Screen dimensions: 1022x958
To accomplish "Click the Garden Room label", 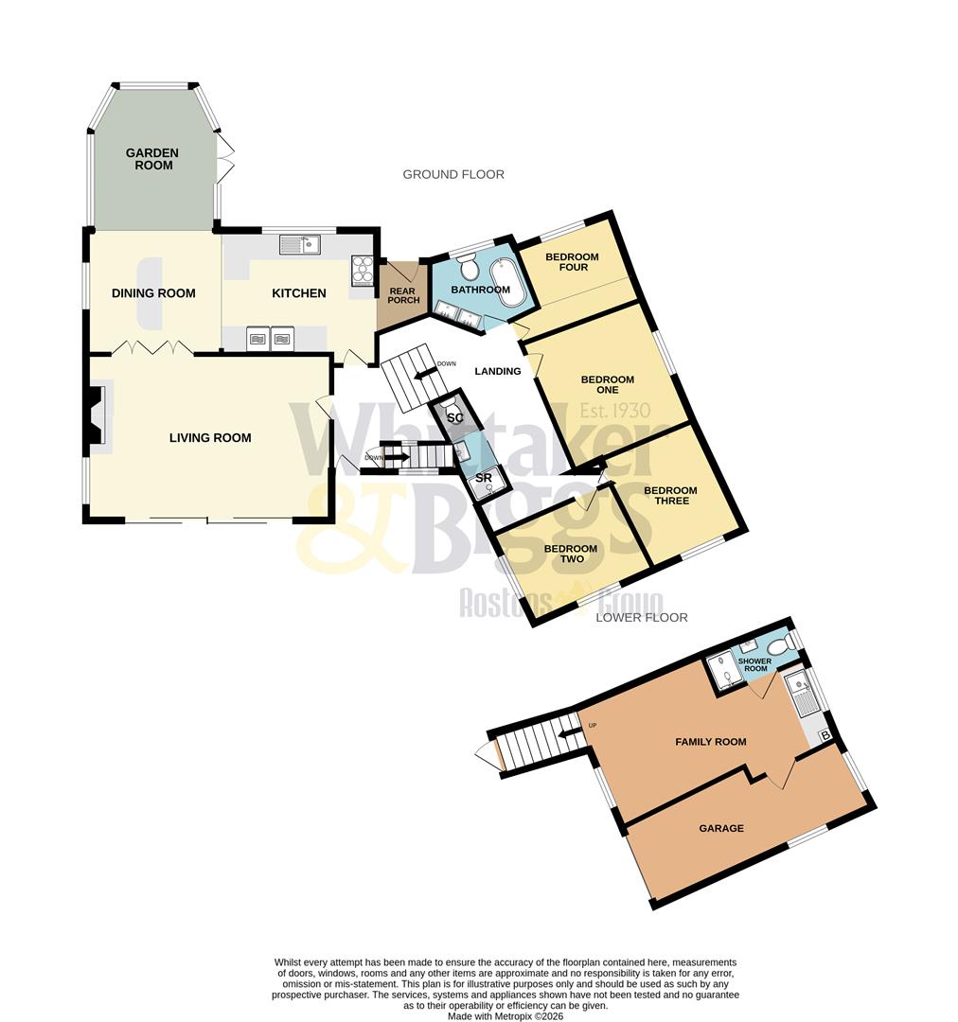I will pyautogui.click(x=152, y=159).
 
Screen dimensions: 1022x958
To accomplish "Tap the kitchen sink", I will pyautogui.click(x=300, y=244).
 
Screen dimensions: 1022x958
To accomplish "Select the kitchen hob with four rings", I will pyautogui.click(x=364, y=272).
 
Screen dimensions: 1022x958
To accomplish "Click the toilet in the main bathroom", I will pyautogui.click(x=468, y=266).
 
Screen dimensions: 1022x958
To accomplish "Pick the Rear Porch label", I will pyautogui.click(x=403, y=295).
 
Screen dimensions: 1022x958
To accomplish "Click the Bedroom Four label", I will pyautogui.click(x=572, y=262).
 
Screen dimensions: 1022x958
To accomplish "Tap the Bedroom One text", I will pyautogui.click(x=607, y=384).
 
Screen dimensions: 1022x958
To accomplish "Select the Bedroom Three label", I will pyautogui.click(x=670, y=495).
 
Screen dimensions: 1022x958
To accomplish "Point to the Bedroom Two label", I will pyautogui.click(x=571, y=554).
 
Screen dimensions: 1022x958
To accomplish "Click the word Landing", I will pyautogui.click(x=498, y=371).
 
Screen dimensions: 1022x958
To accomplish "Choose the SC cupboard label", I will pyautogui.click(x=454, y=417).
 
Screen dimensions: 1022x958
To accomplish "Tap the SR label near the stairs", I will pyautogui.click(x=483, y=479).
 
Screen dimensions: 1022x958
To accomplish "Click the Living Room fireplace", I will pyautogui.click(x=97, y=413).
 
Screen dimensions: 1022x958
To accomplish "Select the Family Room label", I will pyautogui.click(x=710, y=742).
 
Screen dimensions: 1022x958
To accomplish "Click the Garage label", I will pyautogui.click(x=721, y=828).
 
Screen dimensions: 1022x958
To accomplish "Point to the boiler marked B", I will pyautogui.click(x=825, y=735).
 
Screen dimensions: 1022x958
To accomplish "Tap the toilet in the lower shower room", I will pyautogui.click(x=780, y=646).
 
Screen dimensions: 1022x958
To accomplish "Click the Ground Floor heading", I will pyautogui.click(x=453, y=174).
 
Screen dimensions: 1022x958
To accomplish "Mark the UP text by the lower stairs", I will pyautogui.click(x=593, y=726).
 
